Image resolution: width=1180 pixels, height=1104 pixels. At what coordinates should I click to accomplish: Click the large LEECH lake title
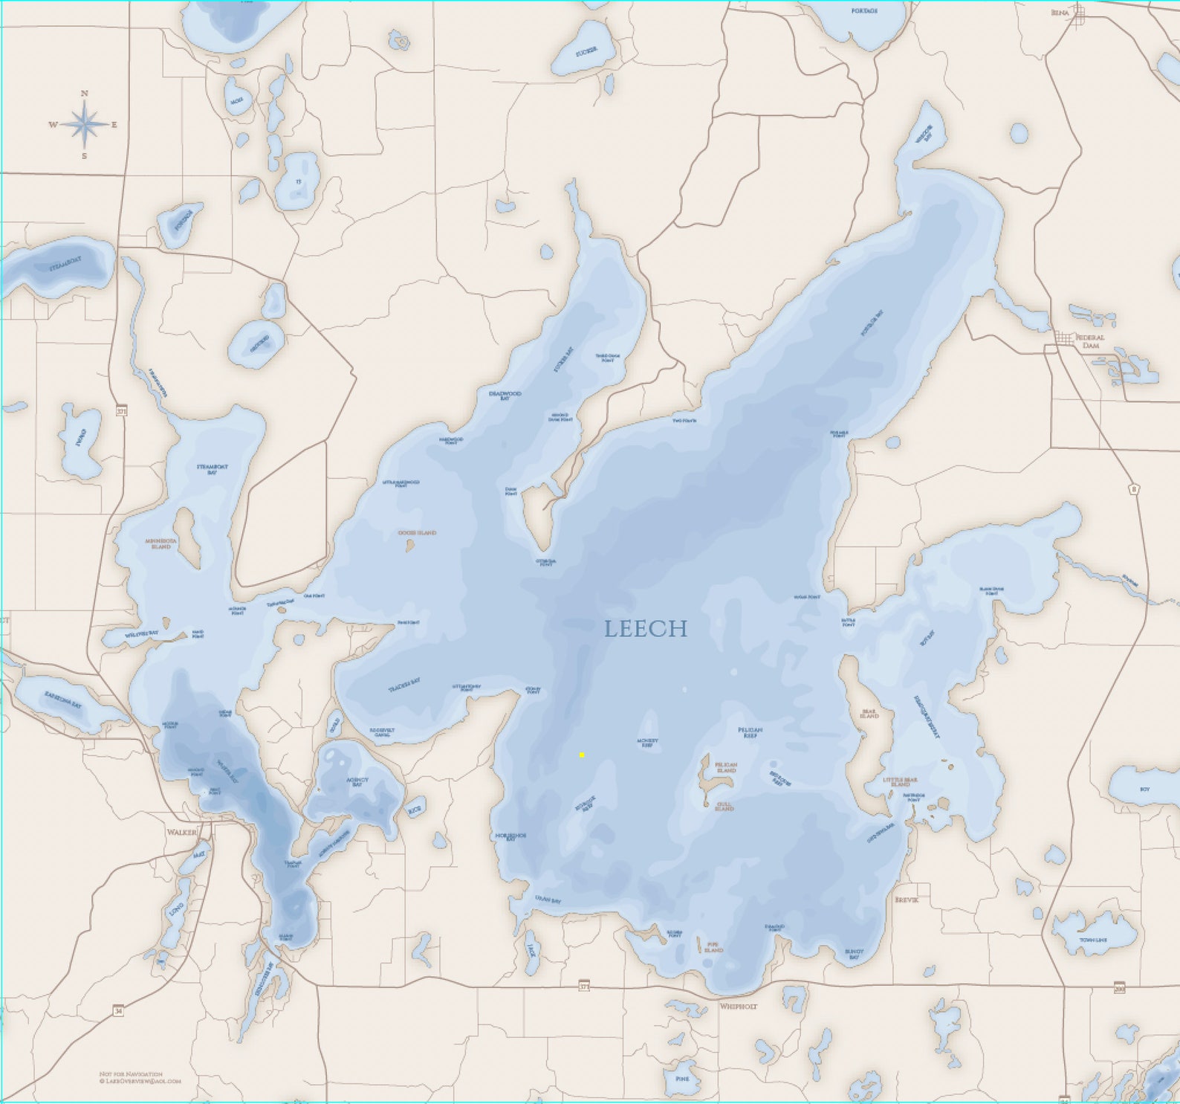[645, 629]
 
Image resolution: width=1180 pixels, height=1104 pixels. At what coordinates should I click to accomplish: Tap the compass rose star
[85, 124]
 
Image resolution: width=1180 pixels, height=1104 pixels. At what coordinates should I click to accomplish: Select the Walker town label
[182, 832]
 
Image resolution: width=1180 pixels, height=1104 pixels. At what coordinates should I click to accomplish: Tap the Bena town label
[1058, 13]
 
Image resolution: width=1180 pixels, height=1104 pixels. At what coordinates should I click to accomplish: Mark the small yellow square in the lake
[582, 755]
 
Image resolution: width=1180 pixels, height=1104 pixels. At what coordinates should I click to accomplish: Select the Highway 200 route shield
[1119, 987]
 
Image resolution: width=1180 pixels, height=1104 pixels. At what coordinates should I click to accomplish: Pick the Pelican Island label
[725, 767]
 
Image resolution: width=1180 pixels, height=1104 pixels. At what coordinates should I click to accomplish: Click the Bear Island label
[869, 714]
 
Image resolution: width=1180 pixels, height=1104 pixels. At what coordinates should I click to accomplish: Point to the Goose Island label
[417, 533]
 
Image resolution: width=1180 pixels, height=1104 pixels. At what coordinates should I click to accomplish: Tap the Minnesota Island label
[161, 543]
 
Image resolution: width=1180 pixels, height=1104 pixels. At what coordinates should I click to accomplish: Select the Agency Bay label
[357, 781]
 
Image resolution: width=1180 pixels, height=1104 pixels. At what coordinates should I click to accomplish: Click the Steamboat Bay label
[212, 469]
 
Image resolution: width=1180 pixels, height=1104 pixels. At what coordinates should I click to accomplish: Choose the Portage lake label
[863, 11]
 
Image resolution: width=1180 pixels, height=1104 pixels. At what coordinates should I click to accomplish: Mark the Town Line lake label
[1093, 940]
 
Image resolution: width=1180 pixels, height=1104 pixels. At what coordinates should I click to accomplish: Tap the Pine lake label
[682, 1079]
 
